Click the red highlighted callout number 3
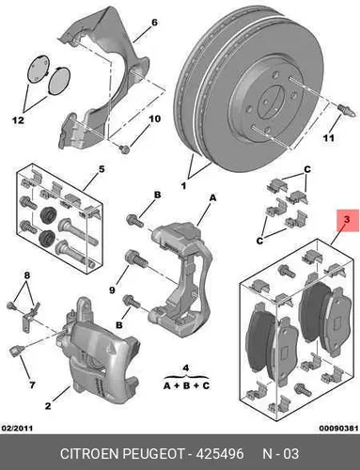click(x=347, y=220)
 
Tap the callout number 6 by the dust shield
click(x=154, y=23)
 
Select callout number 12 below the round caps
click(x=18, y=120)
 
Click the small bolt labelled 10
click(x=125, y=149)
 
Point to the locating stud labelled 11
click(x=347, y=111)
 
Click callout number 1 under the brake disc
click(x=184, y=186)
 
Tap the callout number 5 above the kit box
click(x=102, y=169)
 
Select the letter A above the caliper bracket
click(x=212, y=198)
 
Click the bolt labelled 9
click(x=136, y=258)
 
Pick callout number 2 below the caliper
click(x=48, y=406)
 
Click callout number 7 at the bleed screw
click(x=32, y=384)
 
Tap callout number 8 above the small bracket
click(x=27, y=275)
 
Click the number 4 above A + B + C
click(x=186, y=368)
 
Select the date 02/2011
click(x=17, y=428)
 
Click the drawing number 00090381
click(x=338, y=428)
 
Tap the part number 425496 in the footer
click(x=220, y=454)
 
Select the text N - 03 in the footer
click(x=280, y=454)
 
